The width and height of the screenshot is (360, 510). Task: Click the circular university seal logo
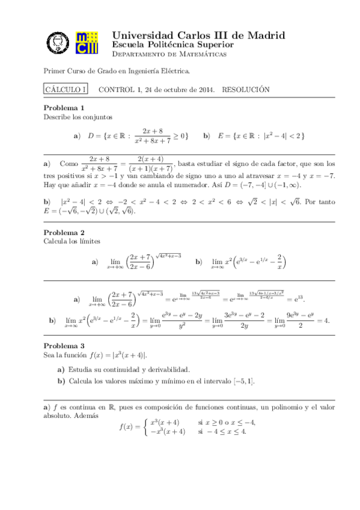[58, 43]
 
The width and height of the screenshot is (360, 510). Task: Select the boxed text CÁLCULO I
[66, 89]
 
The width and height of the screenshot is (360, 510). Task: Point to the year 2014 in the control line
[206, 89]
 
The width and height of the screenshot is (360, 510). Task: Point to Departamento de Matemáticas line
[169, 54]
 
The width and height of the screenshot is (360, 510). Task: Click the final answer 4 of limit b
[326, 321]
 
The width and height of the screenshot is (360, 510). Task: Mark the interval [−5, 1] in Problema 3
[245, 381]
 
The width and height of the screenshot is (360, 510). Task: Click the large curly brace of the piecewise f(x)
[145, 427]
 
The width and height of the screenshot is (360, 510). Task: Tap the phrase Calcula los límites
[72, 241]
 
